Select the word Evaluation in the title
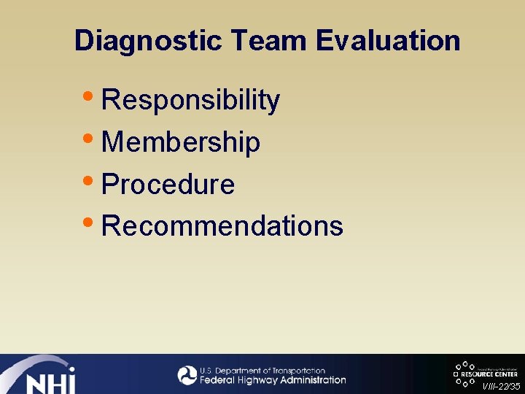[389, 41]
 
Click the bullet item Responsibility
[190, 101]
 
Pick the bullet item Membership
[181, 142]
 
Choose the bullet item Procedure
[168, 185]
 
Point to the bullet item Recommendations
[222, 226]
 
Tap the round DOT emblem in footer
[187, 375]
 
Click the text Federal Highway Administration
[273, 380]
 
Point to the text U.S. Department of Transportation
[262, 371]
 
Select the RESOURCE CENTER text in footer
[489, 374]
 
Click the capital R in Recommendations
[111, 226]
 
